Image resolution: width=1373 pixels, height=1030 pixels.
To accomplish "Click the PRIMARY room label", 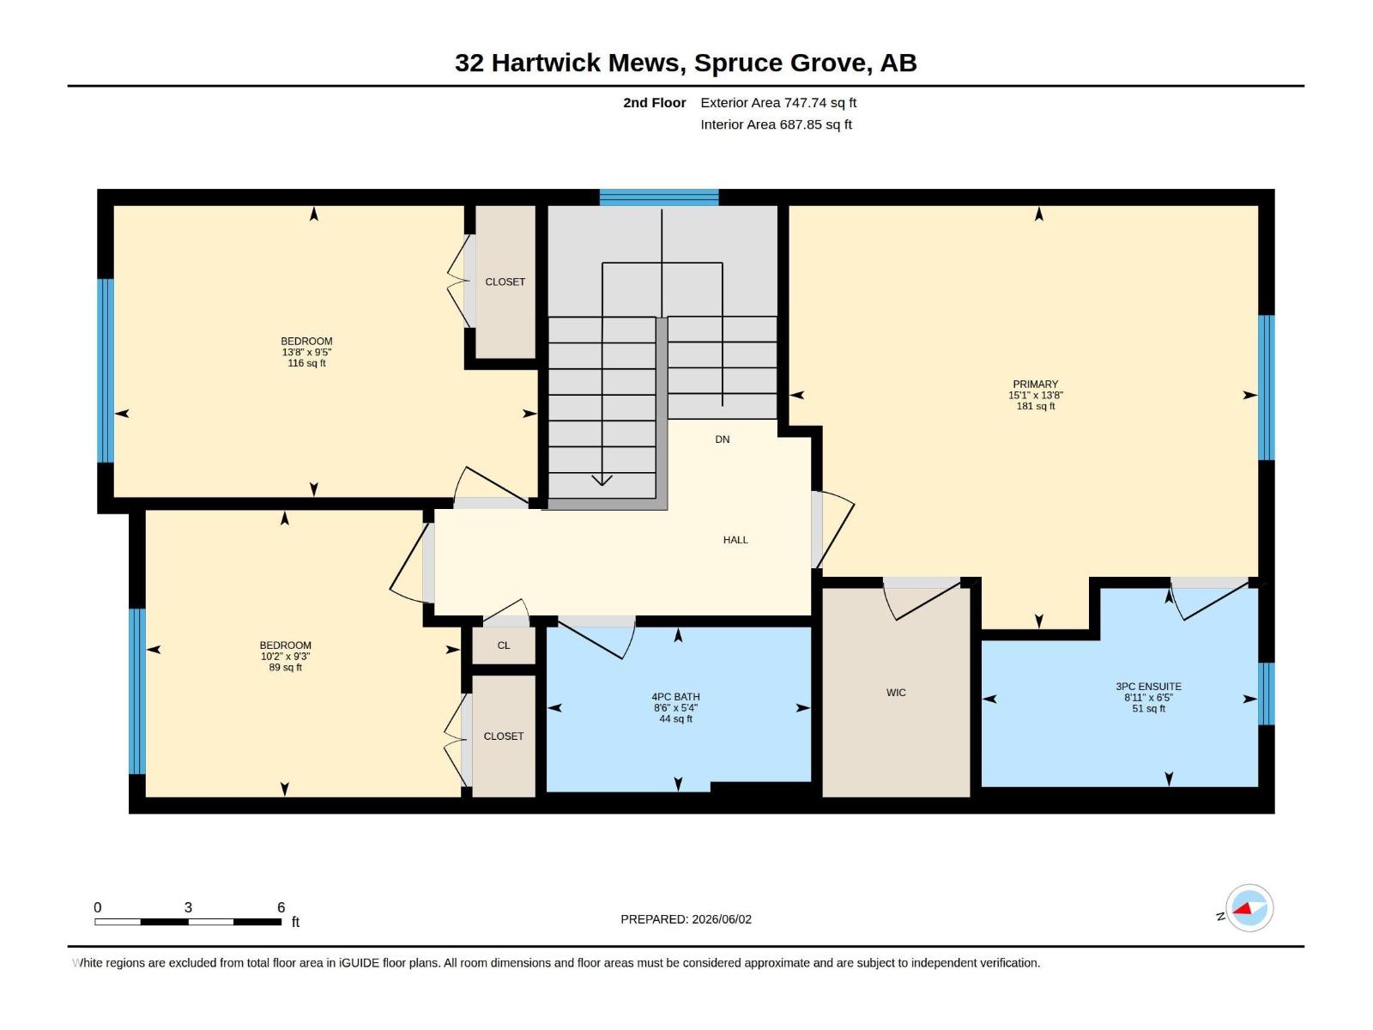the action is [1035, 384].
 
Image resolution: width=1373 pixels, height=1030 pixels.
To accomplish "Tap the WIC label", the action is [896, 693].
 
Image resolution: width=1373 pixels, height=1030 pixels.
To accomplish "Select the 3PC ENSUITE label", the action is [1148, 686].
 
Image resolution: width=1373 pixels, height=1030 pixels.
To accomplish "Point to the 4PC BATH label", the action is [675, 697].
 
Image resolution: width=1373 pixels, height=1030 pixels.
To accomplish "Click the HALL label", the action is [735, 540].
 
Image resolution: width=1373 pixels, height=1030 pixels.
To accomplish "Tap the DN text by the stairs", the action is [723, 439].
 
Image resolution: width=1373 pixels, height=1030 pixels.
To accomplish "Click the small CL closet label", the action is [504, 645].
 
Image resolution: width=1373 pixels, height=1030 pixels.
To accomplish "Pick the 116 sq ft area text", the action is [306, 363].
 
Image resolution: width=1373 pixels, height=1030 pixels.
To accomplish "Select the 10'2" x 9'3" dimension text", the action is [285, 656].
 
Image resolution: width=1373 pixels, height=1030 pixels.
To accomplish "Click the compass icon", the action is [1249, 908].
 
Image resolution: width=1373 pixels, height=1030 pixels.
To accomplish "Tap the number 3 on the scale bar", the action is [188, 906].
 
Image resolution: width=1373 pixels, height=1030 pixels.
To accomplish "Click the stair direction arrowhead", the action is [602, 481].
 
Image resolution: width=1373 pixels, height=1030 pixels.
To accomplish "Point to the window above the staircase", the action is [659, 197].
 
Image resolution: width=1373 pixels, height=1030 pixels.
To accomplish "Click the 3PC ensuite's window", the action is [1266, 694].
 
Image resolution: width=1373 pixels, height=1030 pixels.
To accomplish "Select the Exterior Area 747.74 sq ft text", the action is [778, 102].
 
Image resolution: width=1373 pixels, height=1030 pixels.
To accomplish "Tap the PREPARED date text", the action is [686, 919].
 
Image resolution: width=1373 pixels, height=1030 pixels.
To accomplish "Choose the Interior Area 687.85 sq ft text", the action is [777, 124].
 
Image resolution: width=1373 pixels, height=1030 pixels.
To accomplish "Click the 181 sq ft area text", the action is [1035, 406].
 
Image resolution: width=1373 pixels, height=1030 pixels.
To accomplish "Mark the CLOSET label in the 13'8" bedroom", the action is [505, 282].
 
